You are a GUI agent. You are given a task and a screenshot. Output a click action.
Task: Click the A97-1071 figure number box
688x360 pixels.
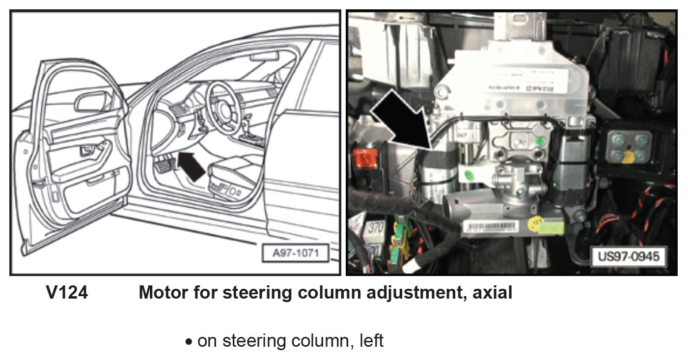(295, 254)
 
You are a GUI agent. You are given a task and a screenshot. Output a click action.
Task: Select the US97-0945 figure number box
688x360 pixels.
(629, 256)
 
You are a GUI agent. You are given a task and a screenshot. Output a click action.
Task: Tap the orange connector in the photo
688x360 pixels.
(364, 158)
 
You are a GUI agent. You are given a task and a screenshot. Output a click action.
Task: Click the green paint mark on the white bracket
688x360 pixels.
(468, 174)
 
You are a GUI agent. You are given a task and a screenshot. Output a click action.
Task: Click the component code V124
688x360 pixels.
(67, 293)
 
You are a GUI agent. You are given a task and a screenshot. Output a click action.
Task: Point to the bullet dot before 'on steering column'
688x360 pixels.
(189, 342)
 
